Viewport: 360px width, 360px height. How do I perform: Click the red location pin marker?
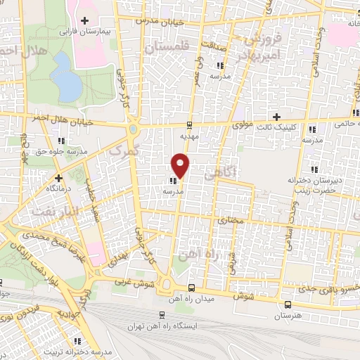(x=181, y=166)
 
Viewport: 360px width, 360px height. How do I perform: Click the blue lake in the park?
(x=67, y=77)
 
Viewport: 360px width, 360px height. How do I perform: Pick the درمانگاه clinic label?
(x=59, y=189)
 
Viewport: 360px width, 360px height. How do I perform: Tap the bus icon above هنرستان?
(x=288, y=304)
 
